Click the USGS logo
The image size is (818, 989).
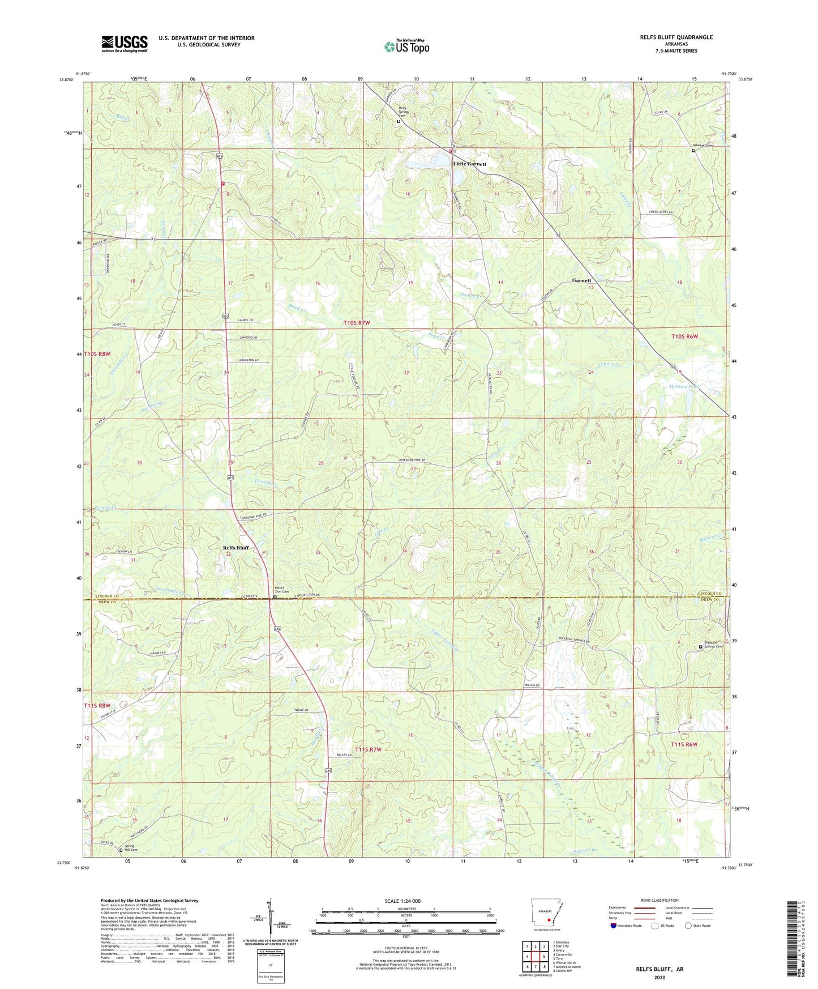coord(125,43)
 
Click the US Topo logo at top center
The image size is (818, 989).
coord(406,46)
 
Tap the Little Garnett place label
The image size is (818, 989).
coord(469,164)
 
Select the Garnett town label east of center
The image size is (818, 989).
coord(581,280)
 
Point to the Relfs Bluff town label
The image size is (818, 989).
coord(236,548)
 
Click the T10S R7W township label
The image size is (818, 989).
coord(357,323)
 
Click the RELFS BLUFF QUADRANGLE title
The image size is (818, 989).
coord(666,37)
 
